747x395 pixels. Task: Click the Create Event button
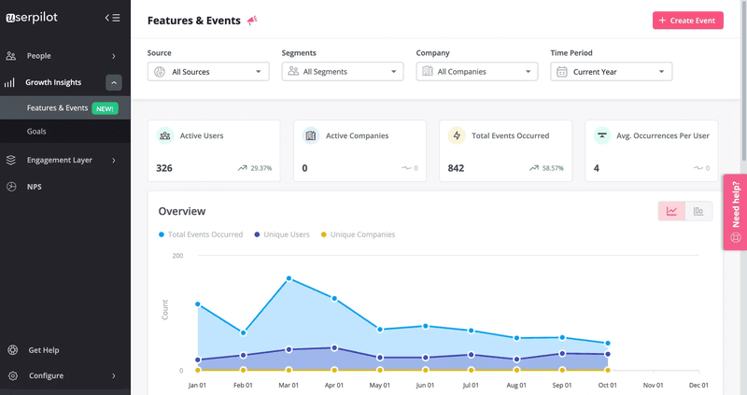[x=687, y=21]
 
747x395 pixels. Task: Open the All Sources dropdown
[x=208, y=72]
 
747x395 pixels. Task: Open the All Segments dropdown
[x=343, y=72]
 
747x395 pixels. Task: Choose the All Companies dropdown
[x=477, y=72]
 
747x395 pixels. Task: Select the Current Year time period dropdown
[x=612, y=72]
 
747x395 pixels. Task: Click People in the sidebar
[x=39, y=56]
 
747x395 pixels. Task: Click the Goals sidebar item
[x=36, y=132]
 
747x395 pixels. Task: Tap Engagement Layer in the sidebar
[x=60, y=160]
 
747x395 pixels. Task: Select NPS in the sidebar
[x=35, y=187]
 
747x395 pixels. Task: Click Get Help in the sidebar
[x=44, y=350]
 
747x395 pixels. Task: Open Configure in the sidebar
[x=46, y=375]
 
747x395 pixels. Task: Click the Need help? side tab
[x=736, y=212]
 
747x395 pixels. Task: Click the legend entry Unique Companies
[x=362, y=234]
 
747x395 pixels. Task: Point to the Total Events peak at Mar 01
[x=289, y=278]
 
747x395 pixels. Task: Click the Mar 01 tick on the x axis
[x=289, y=385]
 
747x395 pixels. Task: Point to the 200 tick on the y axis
[x=177, y=255]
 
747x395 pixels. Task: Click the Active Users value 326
[x=164, y=168]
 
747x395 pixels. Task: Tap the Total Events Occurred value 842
[x=456, y=168]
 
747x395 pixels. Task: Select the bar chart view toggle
[x=698, y=211]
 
